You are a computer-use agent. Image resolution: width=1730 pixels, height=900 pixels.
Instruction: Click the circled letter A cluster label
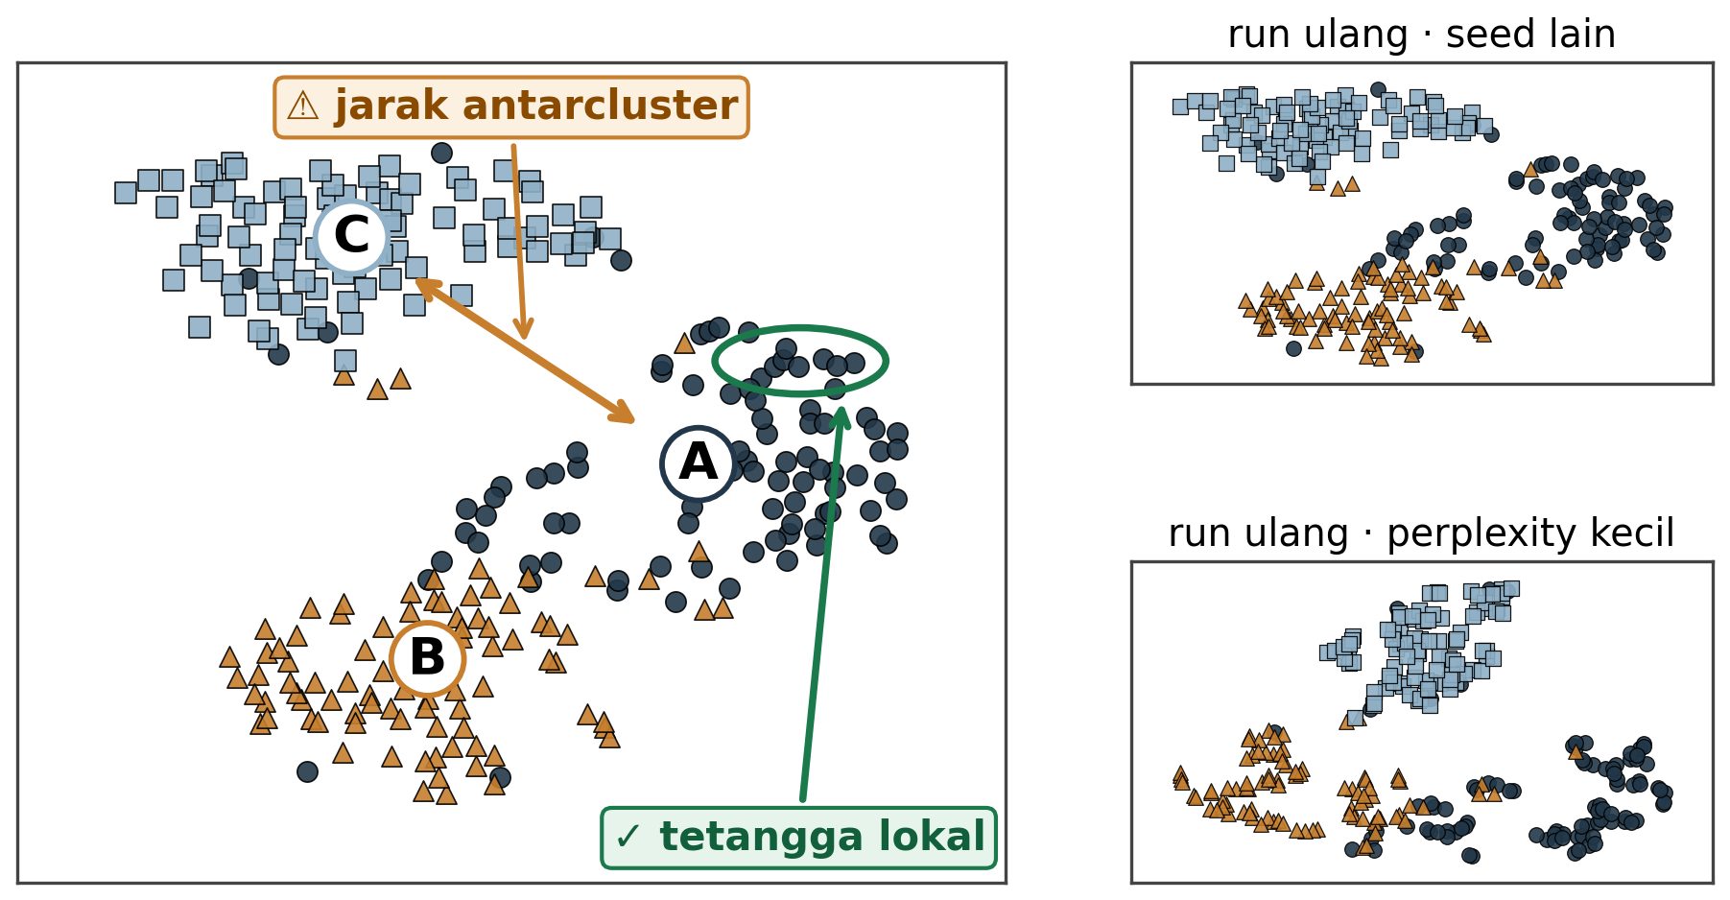(x=698, y=463)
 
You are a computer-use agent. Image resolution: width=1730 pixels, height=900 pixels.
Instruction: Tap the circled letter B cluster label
(x=428, y=658)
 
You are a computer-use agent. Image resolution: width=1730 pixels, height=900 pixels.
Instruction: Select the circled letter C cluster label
(x=351, y=236)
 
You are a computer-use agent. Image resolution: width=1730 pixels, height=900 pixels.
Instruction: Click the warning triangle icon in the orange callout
(x=302, y=107)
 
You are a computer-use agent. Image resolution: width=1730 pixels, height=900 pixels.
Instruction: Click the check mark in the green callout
(x=628, y=838)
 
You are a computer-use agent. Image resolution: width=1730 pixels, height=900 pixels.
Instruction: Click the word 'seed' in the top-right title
(x=1487, y=36)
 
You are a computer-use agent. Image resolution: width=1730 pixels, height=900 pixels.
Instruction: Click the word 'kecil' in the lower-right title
(x=1636, y=533)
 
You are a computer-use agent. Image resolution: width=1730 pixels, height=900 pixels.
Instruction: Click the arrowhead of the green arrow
(x=841, y=415)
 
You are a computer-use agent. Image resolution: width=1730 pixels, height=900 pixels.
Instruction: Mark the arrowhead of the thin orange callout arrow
(x=523, y=330)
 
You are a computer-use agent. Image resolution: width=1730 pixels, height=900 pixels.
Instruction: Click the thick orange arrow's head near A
(x=624, y=414)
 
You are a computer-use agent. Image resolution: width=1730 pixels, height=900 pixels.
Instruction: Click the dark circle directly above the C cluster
(x=441, y=153)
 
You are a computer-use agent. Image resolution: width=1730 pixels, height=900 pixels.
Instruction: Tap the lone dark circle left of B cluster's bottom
(x=307, y=771)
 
